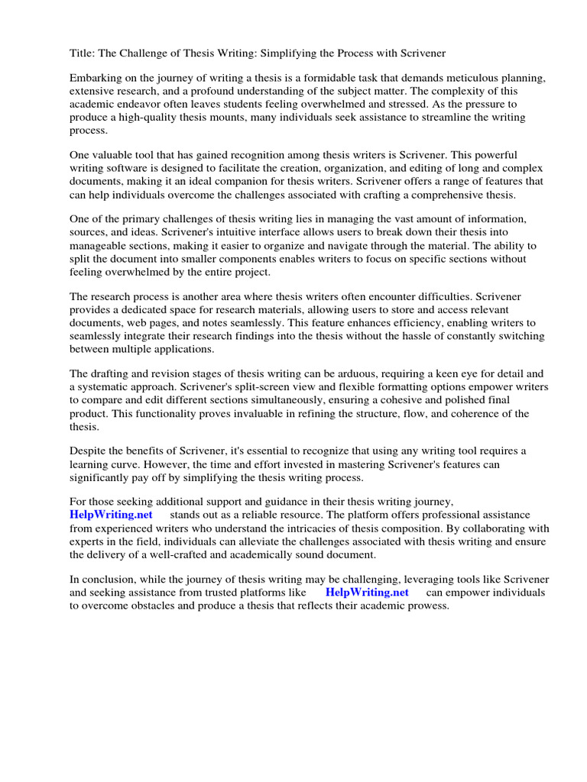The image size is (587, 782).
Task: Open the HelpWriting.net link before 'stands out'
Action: (111, 515)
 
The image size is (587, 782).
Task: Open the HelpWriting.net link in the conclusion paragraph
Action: (367, 592)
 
